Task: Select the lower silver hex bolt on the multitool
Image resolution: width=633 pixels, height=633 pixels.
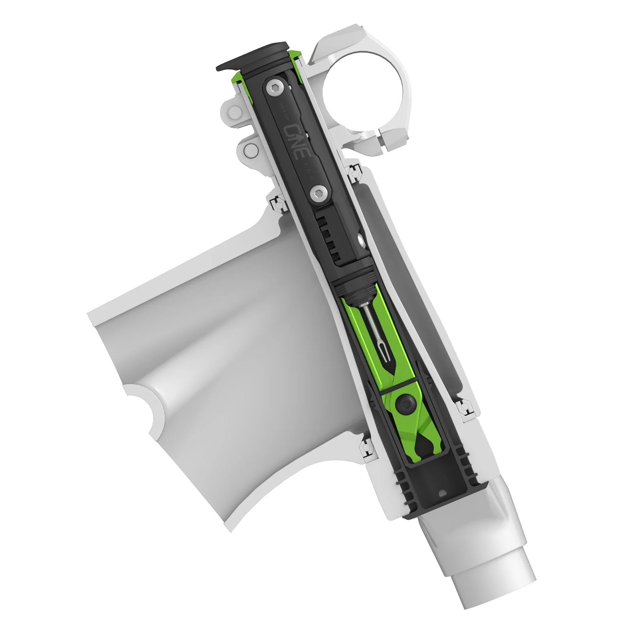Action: pyautogui.click(x=317, y=194)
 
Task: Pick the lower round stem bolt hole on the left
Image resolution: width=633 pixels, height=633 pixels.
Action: pyautogui.click(x=251, y=150)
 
